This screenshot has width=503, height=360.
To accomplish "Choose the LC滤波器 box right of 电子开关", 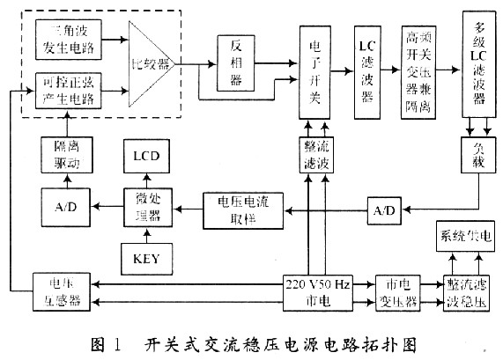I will tap(367, 70).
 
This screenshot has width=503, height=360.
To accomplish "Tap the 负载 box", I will tap(477, 157).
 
